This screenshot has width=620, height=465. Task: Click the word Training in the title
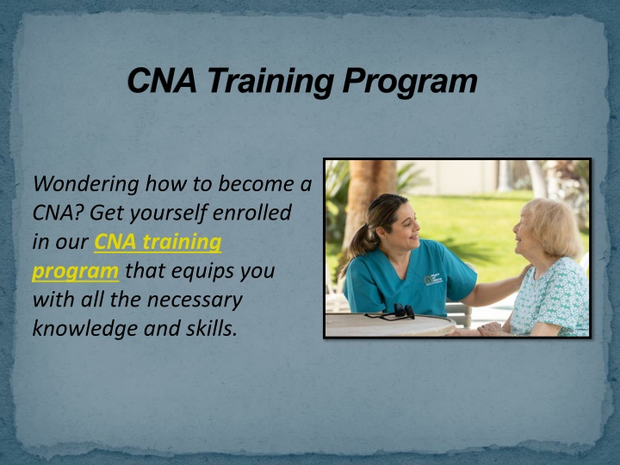coord(271,81)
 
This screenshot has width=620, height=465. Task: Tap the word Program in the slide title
coord(410,81)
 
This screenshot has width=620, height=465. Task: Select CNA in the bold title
coord(162,80)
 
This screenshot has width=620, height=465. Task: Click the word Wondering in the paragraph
coord(86,184)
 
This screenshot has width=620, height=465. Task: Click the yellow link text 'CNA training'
coord(158,242)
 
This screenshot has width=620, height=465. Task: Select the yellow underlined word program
coord(75,271)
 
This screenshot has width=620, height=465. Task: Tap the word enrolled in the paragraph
coord(252,213)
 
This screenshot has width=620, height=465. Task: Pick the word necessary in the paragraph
coord(195,301)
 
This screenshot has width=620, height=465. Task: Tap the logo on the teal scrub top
coord(432,279)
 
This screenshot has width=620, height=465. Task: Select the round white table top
coord(390,325)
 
